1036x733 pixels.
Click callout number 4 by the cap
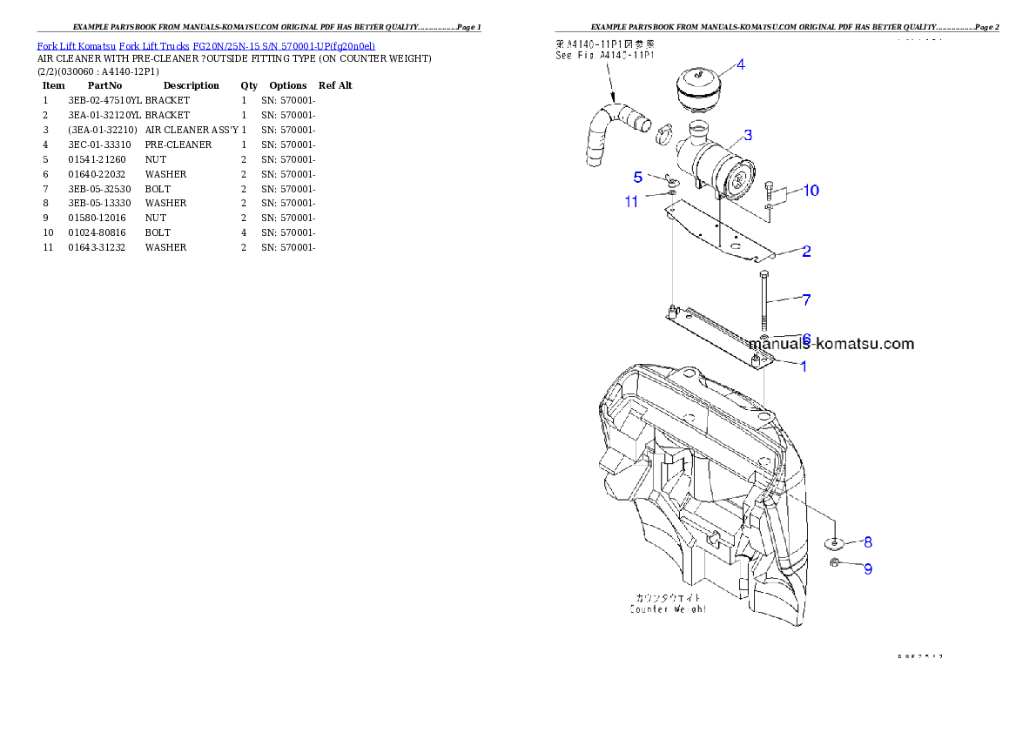click(x=740, y=64)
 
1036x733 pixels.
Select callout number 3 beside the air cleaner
click(x=748, y=135)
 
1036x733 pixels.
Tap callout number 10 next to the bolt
click(x=810, y=191)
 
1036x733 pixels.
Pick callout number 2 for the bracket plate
click(x=807, y=252)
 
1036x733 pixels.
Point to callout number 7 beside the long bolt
click(x=807, y=300)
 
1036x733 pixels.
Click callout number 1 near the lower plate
click(x=804, y=366)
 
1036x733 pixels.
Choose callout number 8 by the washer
click(x=867, y=541)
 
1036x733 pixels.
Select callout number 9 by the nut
click(x=867, y=569)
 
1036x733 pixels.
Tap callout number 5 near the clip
click(x=638, y=177)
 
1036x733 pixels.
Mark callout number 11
click(x=632, y=202)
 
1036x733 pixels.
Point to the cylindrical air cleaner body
click(x=716, y=170)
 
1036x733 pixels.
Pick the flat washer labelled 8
click(x=835, y=544)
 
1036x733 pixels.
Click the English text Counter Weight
click(x=668, y=609)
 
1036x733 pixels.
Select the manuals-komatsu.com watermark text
click(x=831, y=344)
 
